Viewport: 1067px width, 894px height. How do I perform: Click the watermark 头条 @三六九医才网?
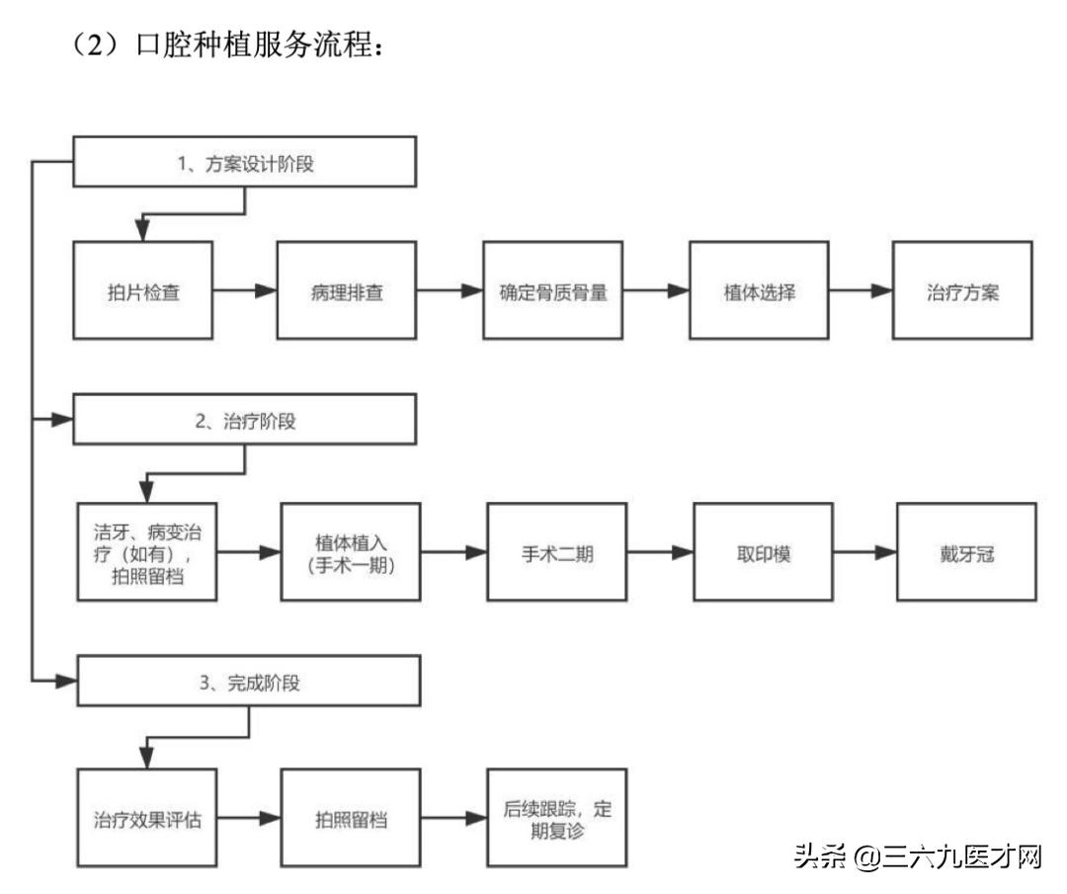[918, 856]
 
